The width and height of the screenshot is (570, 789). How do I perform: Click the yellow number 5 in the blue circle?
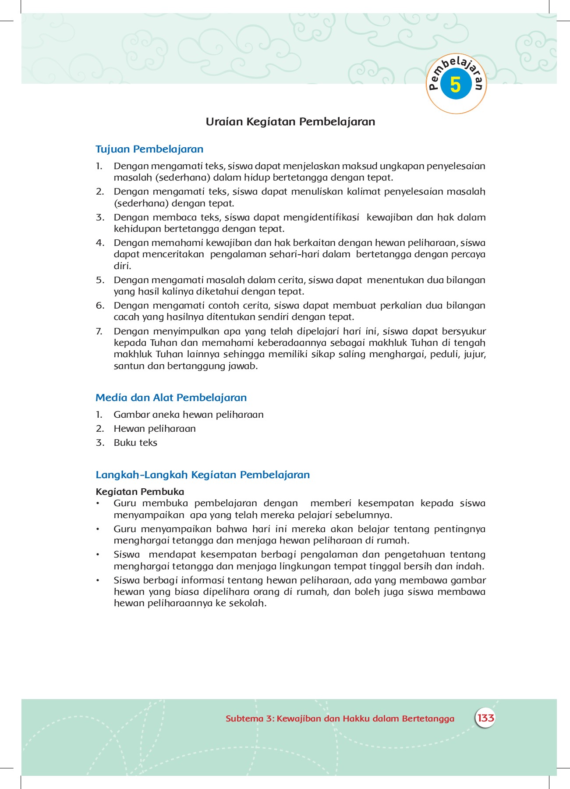[x=456, y=85]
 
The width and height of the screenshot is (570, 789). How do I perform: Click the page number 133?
[x=485, y=718]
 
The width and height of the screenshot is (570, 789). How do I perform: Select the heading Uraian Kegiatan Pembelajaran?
[x=290, y=122]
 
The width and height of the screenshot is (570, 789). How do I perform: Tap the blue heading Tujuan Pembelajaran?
[x=149, y=149]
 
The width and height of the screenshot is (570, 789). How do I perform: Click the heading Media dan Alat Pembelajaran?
[x=171, y=398]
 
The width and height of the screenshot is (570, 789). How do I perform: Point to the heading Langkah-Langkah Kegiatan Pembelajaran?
[x=202, y=475]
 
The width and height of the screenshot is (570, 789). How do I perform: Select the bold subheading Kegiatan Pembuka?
[x=140, y=491]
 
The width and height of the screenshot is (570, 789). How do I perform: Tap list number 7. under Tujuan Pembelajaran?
[x=99, y=331]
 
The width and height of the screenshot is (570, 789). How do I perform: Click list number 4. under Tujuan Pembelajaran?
[x=100, y=243]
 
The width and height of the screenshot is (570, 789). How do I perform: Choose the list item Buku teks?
[x=135, y=443]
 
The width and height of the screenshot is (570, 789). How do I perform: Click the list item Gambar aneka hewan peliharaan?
[x=188, y=415]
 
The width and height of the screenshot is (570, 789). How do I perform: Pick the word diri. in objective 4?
[x=122, y=266]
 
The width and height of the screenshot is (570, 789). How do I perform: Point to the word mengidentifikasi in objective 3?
[x=321, y=217]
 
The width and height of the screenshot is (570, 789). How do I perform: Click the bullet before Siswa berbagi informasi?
[x=98, y=580]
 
